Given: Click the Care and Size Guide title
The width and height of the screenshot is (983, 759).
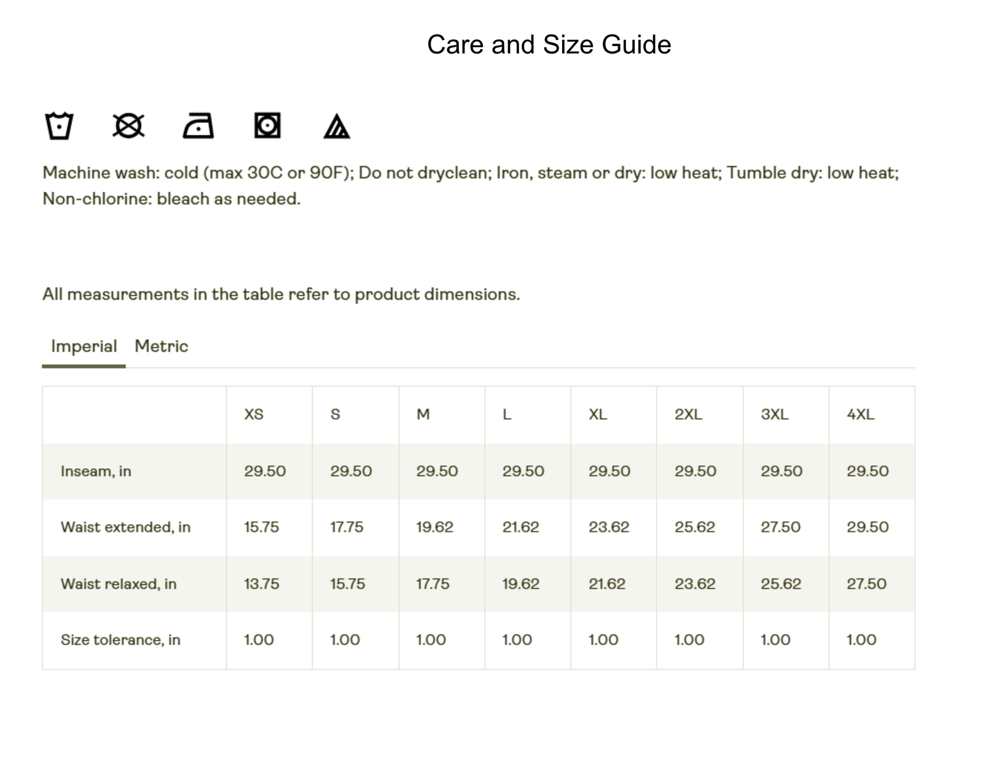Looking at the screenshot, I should click(549, 45).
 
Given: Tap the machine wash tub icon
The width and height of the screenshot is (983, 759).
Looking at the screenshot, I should click(59, 126).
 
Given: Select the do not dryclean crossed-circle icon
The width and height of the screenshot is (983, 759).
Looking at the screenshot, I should click(128, 126).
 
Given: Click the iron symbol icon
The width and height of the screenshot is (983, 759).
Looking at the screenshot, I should click(198, 126).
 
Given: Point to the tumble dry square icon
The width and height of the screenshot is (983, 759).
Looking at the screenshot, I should click(267, 125).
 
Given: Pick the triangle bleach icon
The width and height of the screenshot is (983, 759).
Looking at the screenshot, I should click(336, 126).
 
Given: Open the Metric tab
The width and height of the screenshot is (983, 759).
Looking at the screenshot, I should click(161, 346).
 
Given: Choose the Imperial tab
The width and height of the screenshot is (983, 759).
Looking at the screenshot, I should click(84, 346).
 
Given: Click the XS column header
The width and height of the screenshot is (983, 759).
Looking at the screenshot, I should click(254, 415).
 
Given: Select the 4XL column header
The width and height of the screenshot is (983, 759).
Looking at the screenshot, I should click(860, 415).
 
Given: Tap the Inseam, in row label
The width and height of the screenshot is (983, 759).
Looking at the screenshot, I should click(96, 471).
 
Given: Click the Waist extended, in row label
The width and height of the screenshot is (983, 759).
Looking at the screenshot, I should click(125, 527).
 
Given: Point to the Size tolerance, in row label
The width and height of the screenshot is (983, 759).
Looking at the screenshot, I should click(120, 640).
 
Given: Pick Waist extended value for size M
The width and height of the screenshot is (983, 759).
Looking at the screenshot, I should click(434, 527).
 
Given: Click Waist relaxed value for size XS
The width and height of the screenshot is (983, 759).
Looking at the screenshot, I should click(261, 583).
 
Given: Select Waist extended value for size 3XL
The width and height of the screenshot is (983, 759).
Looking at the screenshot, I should click(780, 527).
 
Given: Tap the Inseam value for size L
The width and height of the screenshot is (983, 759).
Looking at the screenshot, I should click(523, 471).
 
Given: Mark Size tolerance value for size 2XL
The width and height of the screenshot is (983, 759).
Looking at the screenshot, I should click(689, 640).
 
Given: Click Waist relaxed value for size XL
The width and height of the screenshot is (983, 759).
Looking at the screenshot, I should click(606, 583).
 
